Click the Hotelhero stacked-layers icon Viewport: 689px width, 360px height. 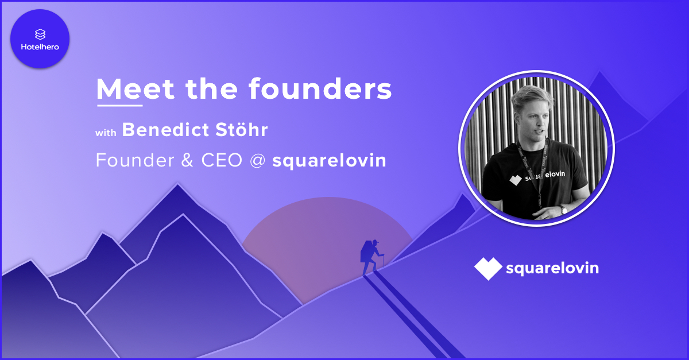[40, 34]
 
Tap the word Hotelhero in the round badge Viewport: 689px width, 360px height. [40, 47]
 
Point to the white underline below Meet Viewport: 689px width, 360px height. [119, 106]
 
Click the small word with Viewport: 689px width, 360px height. [106, 133]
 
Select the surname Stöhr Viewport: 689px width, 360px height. [242, 130]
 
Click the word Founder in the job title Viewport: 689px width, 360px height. [135, 160]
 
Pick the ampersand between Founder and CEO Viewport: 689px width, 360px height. [187, 160]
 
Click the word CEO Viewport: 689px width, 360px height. [222, 160]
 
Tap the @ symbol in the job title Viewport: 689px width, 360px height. [258, 161]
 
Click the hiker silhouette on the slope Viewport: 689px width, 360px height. [371, 257]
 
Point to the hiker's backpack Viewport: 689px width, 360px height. [366, 251]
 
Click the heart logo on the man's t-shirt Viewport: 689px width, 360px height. [516, 180]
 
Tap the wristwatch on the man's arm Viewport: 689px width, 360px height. [563, 210]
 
